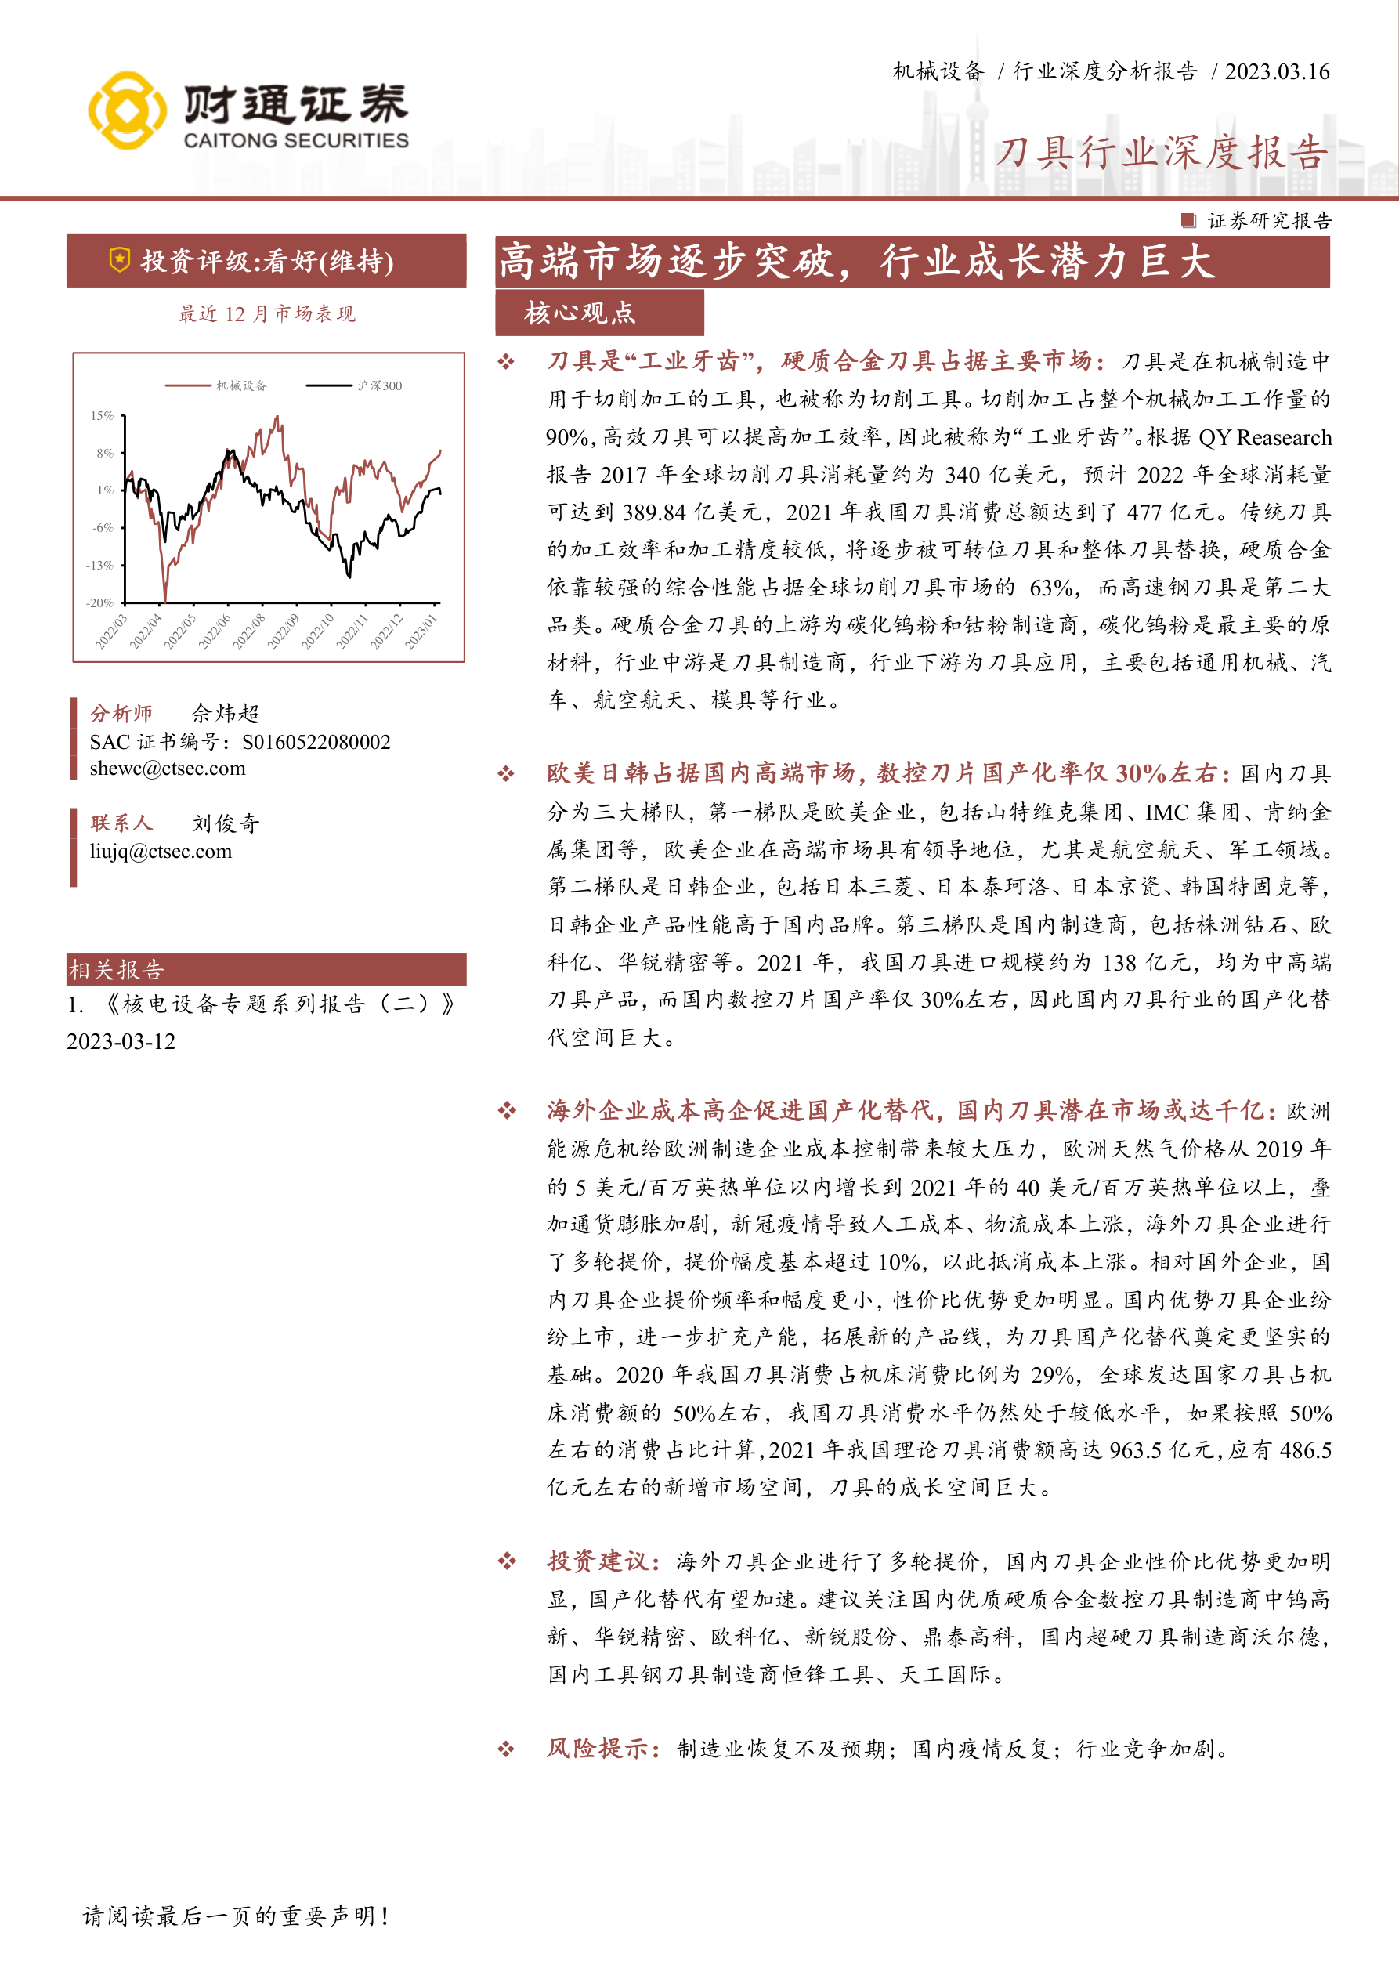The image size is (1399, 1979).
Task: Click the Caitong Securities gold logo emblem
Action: (127, 110)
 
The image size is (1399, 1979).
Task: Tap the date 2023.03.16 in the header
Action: (1277, 71)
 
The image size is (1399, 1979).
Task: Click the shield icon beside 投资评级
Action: (120, 259)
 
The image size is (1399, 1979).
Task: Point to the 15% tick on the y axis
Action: (102, 415)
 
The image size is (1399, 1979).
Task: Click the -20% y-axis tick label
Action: (100, 602)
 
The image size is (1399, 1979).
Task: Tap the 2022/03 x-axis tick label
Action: (110, 631)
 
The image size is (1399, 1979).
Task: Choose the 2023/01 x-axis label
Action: (421, 631)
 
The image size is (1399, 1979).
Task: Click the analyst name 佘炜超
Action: (225, 713)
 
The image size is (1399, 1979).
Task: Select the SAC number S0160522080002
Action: (316, 742)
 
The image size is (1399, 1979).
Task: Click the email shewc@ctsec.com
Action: (167, 768)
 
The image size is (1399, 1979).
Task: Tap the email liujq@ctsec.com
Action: (161, 851)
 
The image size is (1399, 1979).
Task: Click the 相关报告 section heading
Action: (117, 970)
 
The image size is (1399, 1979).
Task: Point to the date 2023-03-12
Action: (121, 1041)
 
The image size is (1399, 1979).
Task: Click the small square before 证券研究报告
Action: (1188, 221)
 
